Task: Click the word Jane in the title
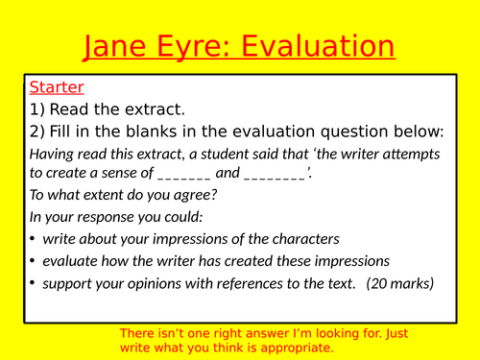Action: pos(120,47)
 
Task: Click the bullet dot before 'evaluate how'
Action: pos(34,260)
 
